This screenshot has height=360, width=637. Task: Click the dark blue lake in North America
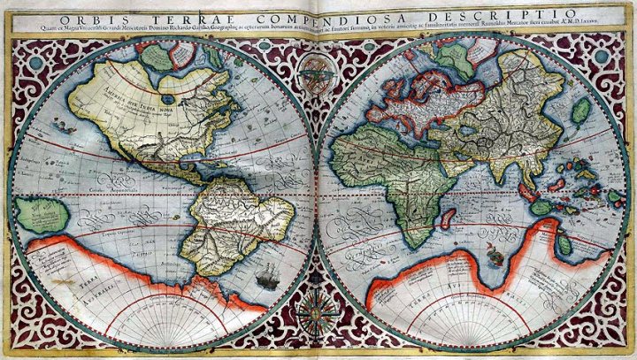[x=170, y=88]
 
